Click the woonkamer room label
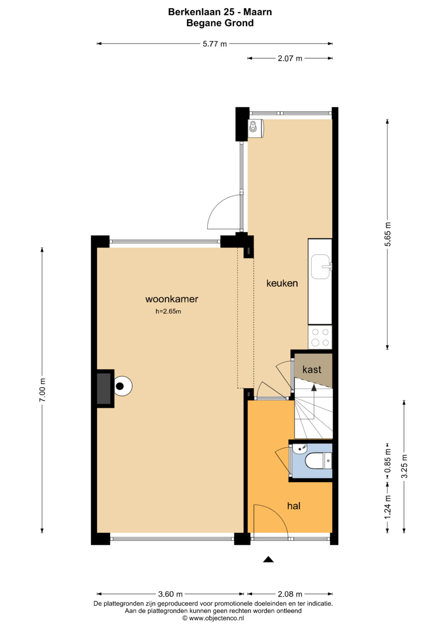tap(172, 299)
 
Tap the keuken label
tap(282, 283)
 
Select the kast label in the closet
tap(312, 369)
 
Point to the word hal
tap(294, 506)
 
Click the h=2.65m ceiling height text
tap(168, 311)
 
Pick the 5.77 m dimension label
tap(215, 44)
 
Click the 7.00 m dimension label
tap(42, 390)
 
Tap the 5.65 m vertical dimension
tap(388, 234)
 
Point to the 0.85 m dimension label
tap(388, 461)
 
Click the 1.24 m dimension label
tap(388, 507)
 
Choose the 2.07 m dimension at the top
tap(290, 59)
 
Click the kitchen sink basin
tap(321, 267)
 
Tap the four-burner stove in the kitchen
tap(320, 337)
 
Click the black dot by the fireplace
tap(120, 386)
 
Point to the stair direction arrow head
tap(314, 388)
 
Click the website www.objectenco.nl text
tap(213, 618)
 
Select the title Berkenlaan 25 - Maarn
tap(220, 12)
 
